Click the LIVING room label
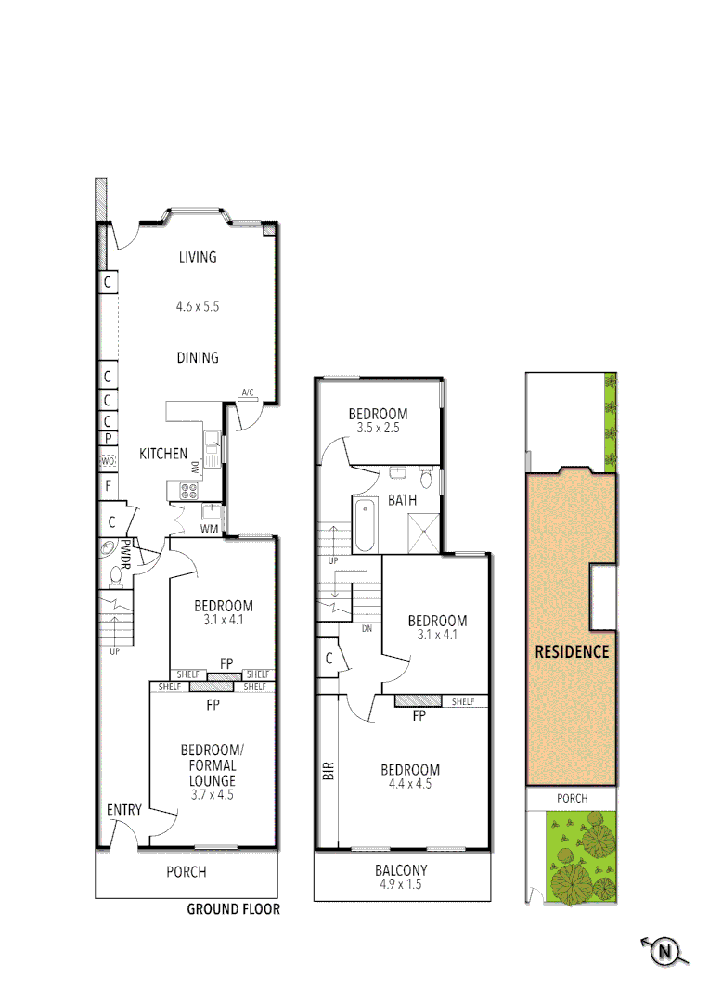point(197,257)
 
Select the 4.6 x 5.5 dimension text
point(197,305)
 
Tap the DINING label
point(197,357)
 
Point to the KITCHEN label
point(163,454)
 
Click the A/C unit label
point(248,393)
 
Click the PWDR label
point(125,555)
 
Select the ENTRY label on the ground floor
point(123,810)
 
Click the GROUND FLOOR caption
point(233,909)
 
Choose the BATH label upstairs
point(402,500)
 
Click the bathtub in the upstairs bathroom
point(363,524)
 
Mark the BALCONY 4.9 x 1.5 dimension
point(401,885)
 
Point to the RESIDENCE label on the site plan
point(572,651)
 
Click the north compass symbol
point(664,951)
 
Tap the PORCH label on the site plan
point(572,798)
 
